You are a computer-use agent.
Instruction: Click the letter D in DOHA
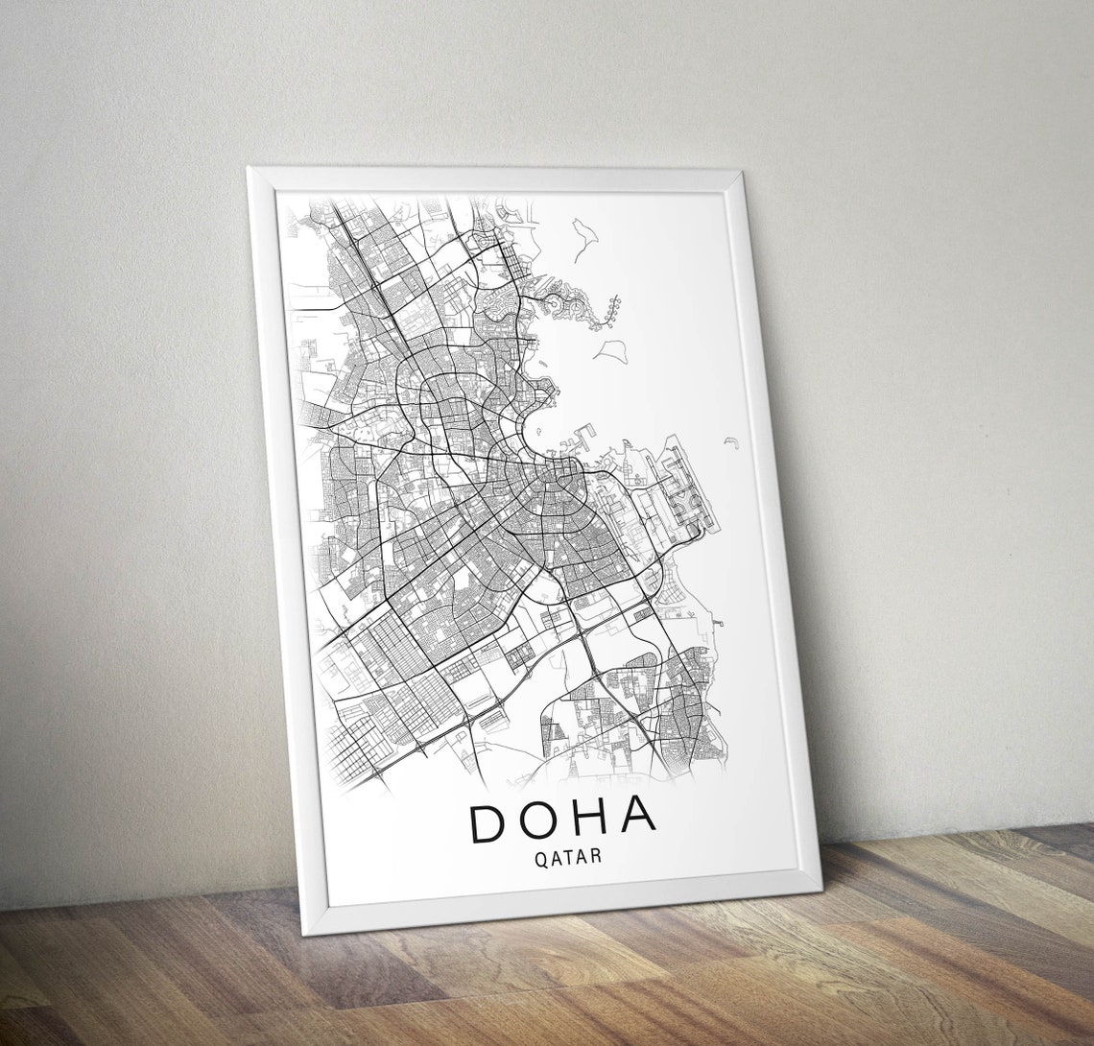(488, 823)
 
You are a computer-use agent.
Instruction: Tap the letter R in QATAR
(598, 854)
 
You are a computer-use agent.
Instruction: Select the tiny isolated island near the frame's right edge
(731, 441)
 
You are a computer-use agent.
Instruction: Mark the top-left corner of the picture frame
(249, 169)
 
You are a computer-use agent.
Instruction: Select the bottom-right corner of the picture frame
(820, 888)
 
